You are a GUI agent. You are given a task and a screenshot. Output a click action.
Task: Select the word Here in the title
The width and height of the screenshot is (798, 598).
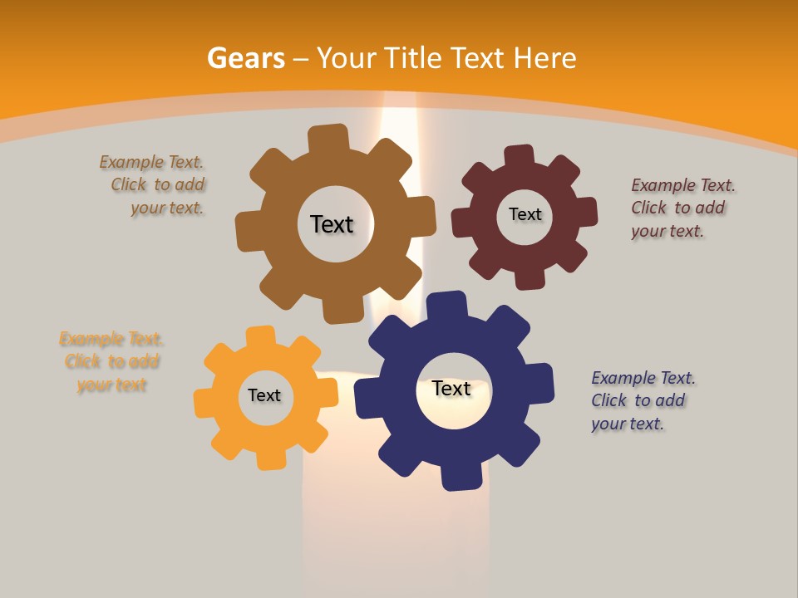tap(544, 58)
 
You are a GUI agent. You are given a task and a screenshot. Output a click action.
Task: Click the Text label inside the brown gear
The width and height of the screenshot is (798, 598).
tap(332, 224)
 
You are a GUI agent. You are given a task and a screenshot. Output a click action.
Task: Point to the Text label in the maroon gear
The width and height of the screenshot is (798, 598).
tap(525, 214)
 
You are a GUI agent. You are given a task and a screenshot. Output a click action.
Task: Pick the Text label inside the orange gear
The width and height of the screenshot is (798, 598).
tap(264, 395)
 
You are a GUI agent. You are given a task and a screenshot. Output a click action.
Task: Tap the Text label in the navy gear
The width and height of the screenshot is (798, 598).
tap(451, 388)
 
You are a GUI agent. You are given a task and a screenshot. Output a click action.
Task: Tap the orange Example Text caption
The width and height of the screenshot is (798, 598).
tap(111, 361)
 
